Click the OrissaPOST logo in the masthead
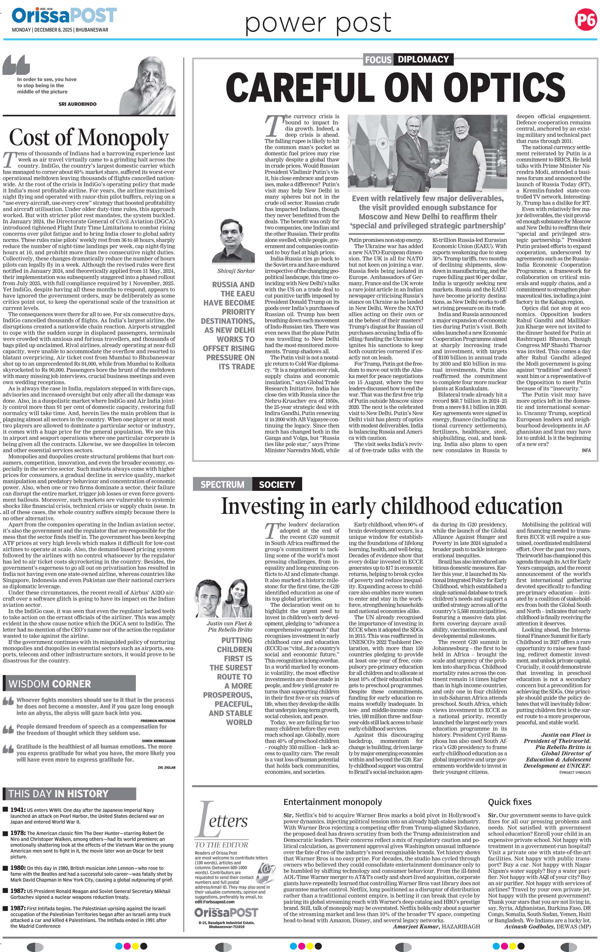pyautogui.click(x=64, y=15)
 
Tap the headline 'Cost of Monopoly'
pyautogui.click(x=89, y=138)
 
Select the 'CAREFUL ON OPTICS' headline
pyautogui.click(x=395, y=87)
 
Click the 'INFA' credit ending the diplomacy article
pyautogui.click(x=586, y=450)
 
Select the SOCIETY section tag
pyautogui.click(x=277, y=484)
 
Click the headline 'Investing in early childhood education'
pyautogui.click(x=392, y=506)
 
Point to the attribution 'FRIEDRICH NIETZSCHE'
pyautogui.click(x=158, y=721)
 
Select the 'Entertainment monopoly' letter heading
pyautogui.click(x=333, y=802)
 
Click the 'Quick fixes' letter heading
pyautogui.click(x=509, y=802)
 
